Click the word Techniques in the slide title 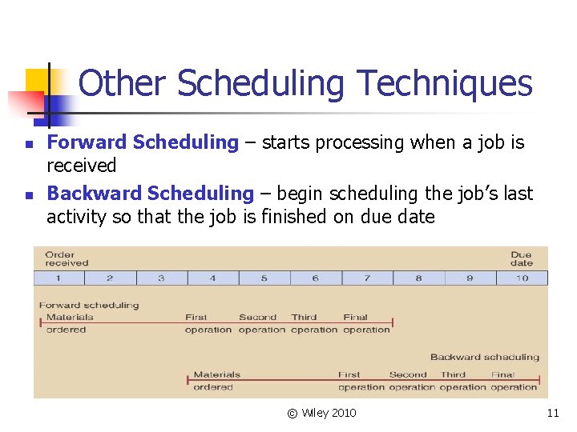(444, 84)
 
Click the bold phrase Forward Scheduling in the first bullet (143, 143)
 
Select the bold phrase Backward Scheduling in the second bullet (150, 194)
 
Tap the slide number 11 (552, 413)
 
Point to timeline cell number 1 (59, 278)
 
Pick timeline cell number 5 (264, 278)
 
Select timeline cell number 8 (418, 278)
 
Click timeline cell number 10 (522, 278)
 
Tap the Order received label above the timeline (67, 258)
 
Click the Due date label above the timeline (521, 258)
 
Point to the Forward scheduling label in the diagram (89, 305)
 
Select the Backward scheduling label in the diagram (485, 357)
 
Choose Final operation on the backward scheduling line (513, 381)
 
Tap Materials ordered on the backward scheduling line (216, 381)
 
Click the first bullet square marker (28, 145)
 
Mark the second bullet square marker (28, 195)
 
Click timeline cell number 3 (162, 278)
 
